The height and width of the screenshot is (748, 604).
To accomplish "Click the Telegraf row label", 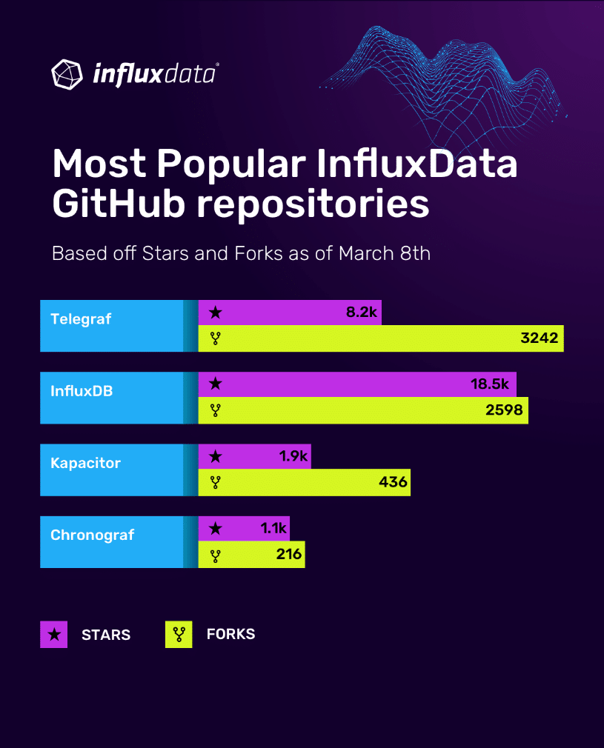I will [81, 319].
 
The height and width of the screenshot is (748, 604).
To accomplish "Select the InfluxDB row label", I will [82, 390].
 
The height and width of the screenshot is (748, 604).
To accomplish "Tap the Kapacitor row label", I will [85, 463].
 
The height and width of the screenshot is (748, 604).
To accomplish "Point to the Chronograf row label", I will [92, 535].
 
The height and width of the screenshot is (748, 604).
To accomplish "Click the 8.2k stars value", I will [362, 313].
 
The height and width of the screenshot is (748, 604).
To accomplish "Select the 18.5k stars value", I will [490, 384].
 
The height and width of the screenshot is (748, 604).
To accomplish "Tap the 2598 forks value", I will [504, 410].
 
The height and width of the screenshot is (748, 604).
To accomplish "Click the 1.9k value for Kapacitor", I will [293, 456].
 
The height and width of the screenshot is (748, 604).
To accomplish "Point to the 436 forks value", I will [393, 482].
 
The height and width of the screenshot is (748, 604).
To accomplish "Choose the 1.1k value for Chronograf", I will [273, 528].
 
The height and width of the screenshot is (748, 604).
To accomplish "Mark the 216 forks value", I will [288, 554].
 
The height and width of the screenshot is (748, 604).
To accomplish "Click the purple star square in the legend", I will [53, 635].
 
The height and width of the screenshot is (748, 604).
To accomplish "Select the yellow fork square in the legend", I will [179, 635].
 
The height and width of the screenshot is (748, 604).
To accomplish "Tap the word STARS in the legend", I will [106, 635].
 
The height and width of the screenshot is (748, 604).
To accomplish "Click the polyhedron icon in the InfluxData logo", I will [67, 73].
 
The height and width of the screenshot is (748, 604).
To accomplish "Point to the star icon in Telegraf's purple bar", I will [215, 313].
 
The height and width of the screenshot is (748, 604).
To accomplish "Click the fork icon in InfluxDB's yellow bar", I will [216, 410].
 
